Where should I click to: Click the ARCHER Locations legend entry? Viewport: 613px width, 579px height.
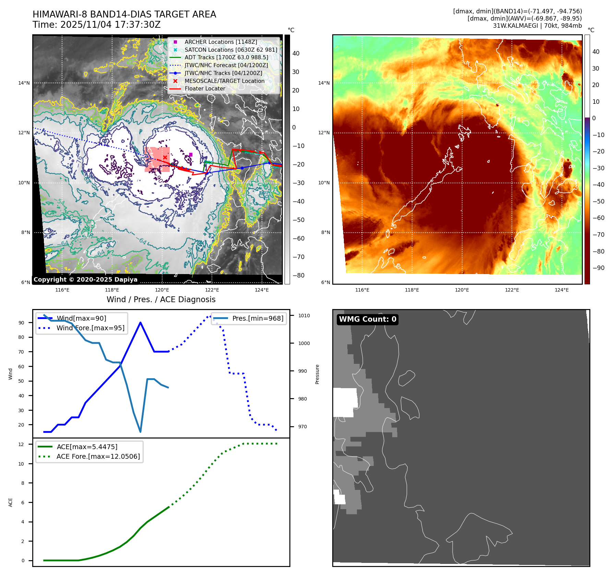[220, 42]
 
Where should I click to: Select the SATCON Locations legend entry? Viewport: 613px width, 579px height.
[231, 50]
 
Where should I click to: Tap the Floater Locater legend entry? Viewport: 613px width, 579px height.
[205, 88]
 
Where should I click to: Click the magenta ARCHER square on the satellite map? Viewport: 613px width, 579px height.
[191, 155]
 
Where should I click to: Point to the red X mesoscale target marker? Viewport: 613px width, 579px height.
[165, 158]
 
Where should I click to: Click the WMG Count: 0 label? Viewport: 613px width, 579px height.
[368, 319]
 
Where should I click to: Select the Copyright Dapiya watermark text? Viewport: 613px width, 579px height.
[85, 280]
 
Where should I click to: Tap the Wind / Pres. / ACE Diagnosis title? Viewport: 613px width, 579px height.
[161, 299]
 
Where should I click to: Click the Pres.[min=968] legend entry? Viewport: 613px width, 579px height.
[257, 318]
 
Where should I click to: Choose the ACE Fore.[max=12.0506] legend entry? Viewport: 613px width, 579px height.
[98, 456]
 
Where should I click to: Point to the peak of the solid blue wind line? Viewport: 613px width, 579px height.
[141, 322]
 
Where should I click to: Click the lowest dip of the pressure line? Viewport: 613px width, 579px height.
[141, 432]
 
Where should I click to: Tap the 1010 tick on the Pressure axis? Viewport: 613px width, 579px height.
[304, 316]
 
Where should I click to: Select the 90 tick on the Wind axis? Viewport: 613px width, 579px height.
[22, 323]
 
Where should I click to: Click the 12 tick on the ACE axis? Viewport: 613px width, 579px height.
[21, 444]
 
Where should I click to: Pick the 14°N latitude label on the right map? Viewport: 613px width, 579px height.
[324, 83]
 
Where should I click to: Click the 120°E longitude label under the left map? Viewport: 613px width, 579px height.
[162, 290]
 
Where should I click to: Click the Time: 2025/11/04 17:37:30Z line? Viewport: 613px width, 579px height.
[97, 25]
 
